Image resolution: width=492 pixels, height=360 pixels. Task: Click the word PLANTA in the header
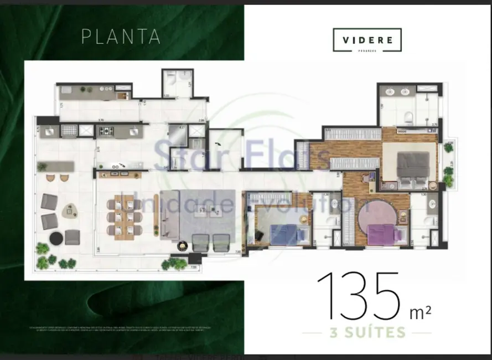(x=121, y=36)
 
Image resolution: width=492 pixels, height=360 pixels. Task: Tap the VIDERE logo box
(x=367, y=40)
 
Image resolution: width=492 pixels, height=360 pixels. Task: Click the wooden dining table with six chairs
(x=124, y=215)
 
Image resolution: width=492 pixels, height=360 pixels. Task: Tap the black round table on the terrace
(x=56, y=238)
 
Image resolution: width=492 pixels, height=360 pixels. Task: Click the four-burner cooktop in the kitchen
(x=106, y=131)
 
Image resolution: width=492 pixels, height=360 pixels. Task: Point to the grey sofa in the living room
(x=169, y=213)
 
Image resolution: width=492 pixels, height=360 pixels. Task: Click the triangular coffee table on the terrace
(x=69, y=210)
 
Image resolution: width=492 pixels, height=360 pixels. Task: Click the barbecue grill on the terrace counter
(x=70, y=131)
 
